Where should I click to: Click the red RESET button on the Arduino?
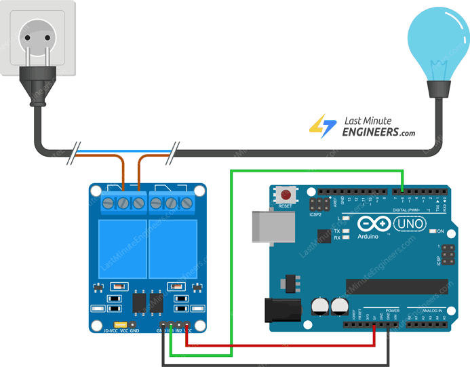point(286,196)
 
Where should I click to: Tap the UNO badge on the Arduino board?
point(409,223)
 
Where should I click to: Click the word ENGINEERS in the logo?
point(370,132)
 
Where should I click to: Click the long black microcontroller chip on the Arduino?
point(396,286)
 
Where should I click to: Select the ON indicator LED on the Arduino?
point(432,231)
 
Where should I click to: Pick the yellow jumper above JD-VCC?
point(121,325)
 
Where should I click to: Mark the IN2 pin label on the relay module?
point(179,330)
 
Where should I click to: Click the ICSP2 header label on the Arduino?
point(316,215)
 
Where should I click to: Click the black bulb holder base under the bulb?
point(438,89)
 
